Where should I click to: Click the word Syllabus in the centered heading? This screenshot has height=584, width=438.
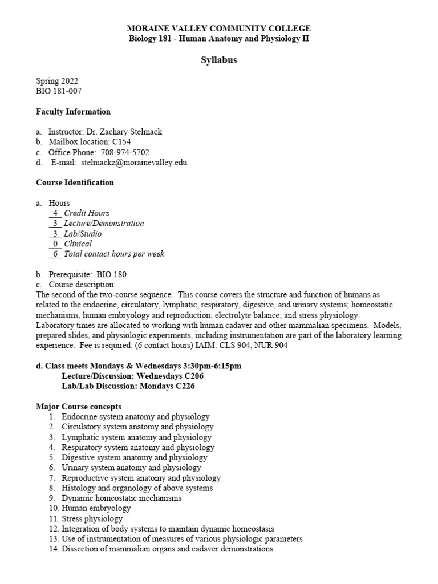pyautogui.click(x=218, y=60)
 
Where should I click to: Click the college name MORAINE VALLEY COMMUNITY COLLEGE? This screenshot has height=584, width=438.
pyautogui.click(x=218, y=29)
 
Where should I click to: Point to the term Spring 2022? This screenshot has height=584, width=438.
pyautogui.click(x=57, y=80)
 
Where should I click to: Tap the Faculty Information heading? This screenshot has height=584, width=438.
pyautogui.click(x=73, y=111)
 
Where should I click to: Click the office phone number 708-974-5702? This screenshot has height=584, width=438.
pyautogui.click(x=125, y=152)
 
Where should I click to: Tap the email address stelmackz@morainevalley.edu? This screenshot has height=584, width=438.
pyautogui.click(x=134, y=163)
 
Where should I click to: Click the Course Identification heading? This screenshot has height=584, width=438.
pyautogui.click(x=75, y=182)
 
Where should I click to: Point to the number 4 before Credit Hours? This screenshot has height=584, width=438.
pyautogui.click(x=55, y=213)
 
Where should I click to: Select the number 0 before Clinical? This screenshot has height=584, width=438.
pyautogui.click(x=55, y=244)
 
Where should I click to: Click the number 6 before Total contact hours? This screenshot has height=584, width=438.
pyautogui.click(x=55, y=254)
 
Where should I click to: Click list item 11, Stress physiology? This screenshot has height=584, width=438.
pyautogui.click(x=92, y=518)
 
